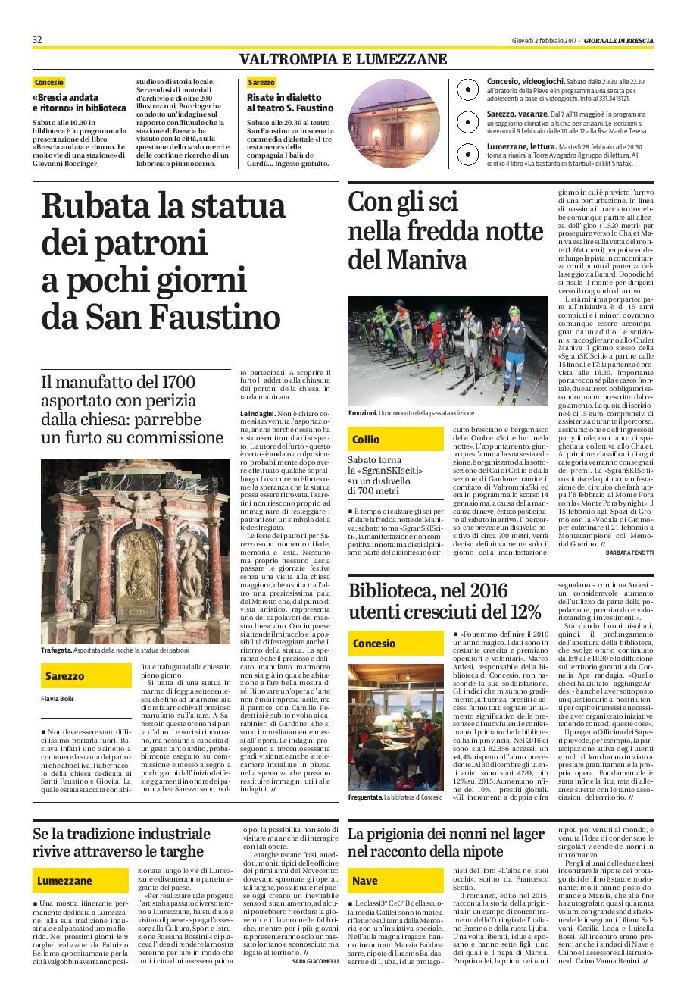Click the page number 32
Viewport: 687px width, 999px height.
pos(37,40)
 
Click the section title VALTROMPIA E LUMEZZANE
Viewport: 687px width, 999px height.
pos(343,59)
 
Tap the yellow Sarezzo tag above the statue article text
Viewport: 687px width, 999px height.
pos(64,675)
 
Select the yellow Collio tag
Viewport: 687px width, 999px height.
pos(366,440)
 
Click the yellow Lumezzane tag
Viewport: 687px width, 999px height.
pos(64,881)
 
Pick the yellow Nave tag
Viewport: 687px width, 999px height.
pos(365,881)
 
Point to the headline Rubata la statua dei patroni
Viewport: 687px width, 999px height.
pos(161,261)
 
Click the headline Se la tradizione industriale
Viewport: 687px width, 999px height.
pos(122,843)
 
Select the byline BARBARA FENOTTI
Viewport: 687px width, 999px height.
pos(629,553)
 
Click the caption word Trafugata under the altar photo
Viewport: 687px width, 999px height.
pos(57,650)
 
